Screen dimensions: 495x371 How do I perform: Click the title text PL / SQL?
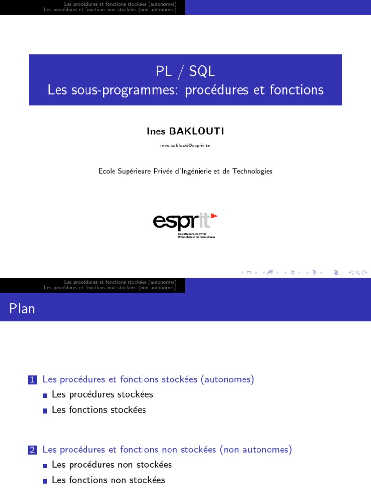click(x=185, y=72)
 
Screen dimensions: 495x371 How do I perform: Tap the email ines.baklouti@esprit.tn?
click(x=185, y=146)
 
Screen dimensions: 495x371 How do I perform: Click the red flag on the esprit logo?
click(x=214, y=216)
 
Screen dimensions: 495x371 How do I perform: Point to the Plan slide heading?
click(x=22, y=308)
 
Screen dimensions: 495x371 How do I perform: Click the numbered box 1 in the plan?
click(x=32, y=380)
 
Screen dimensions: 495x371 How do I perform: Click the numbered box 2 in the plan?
click(x=32, y=450)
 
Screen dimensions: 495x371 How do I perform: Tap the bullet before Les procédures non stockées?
click(x=45, y=466)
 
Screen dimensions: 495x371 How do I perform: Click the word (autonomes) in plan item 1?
click(x=228, y=379)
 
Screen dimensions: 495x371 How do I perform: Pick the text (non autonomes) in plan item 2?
click(x=256, y=450)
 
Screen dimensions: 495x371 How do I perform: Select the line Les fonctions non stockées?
click(x=108, y=480)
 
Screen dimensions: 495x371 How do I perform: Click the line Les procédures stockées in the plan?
click(x=102, y=394)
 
